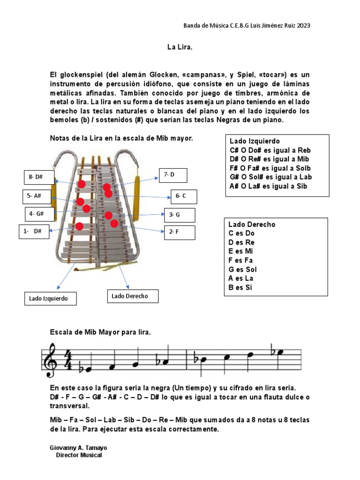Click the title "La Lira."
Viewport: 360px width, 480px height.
tap(180, 47)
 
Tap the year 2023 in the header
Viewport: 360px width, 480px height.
tap(303, 25)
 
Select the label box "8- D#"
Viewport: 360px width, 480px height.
tap(39, 177)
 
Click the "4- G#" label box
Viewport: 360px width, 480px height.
tap(39, 214)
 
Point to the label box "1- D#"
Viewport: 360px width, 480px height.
tap(34, 232)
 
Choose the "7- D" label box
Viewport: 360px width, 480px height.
tap(173, 175)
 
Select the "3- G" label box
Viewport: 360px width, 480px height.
tap(179, 215)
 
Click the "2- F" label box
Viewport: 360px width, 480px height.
tap(179, 232)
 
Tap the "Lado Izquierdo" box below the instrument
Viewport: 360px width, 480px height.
tap(50, 298)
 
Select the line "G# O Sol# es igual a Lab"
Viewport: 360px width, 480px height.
tap(270, 177)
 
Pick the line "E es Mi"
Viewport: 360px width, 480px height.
tap(241, 251)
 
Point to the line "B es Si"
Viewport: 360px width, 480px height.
tap(240, 287)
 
